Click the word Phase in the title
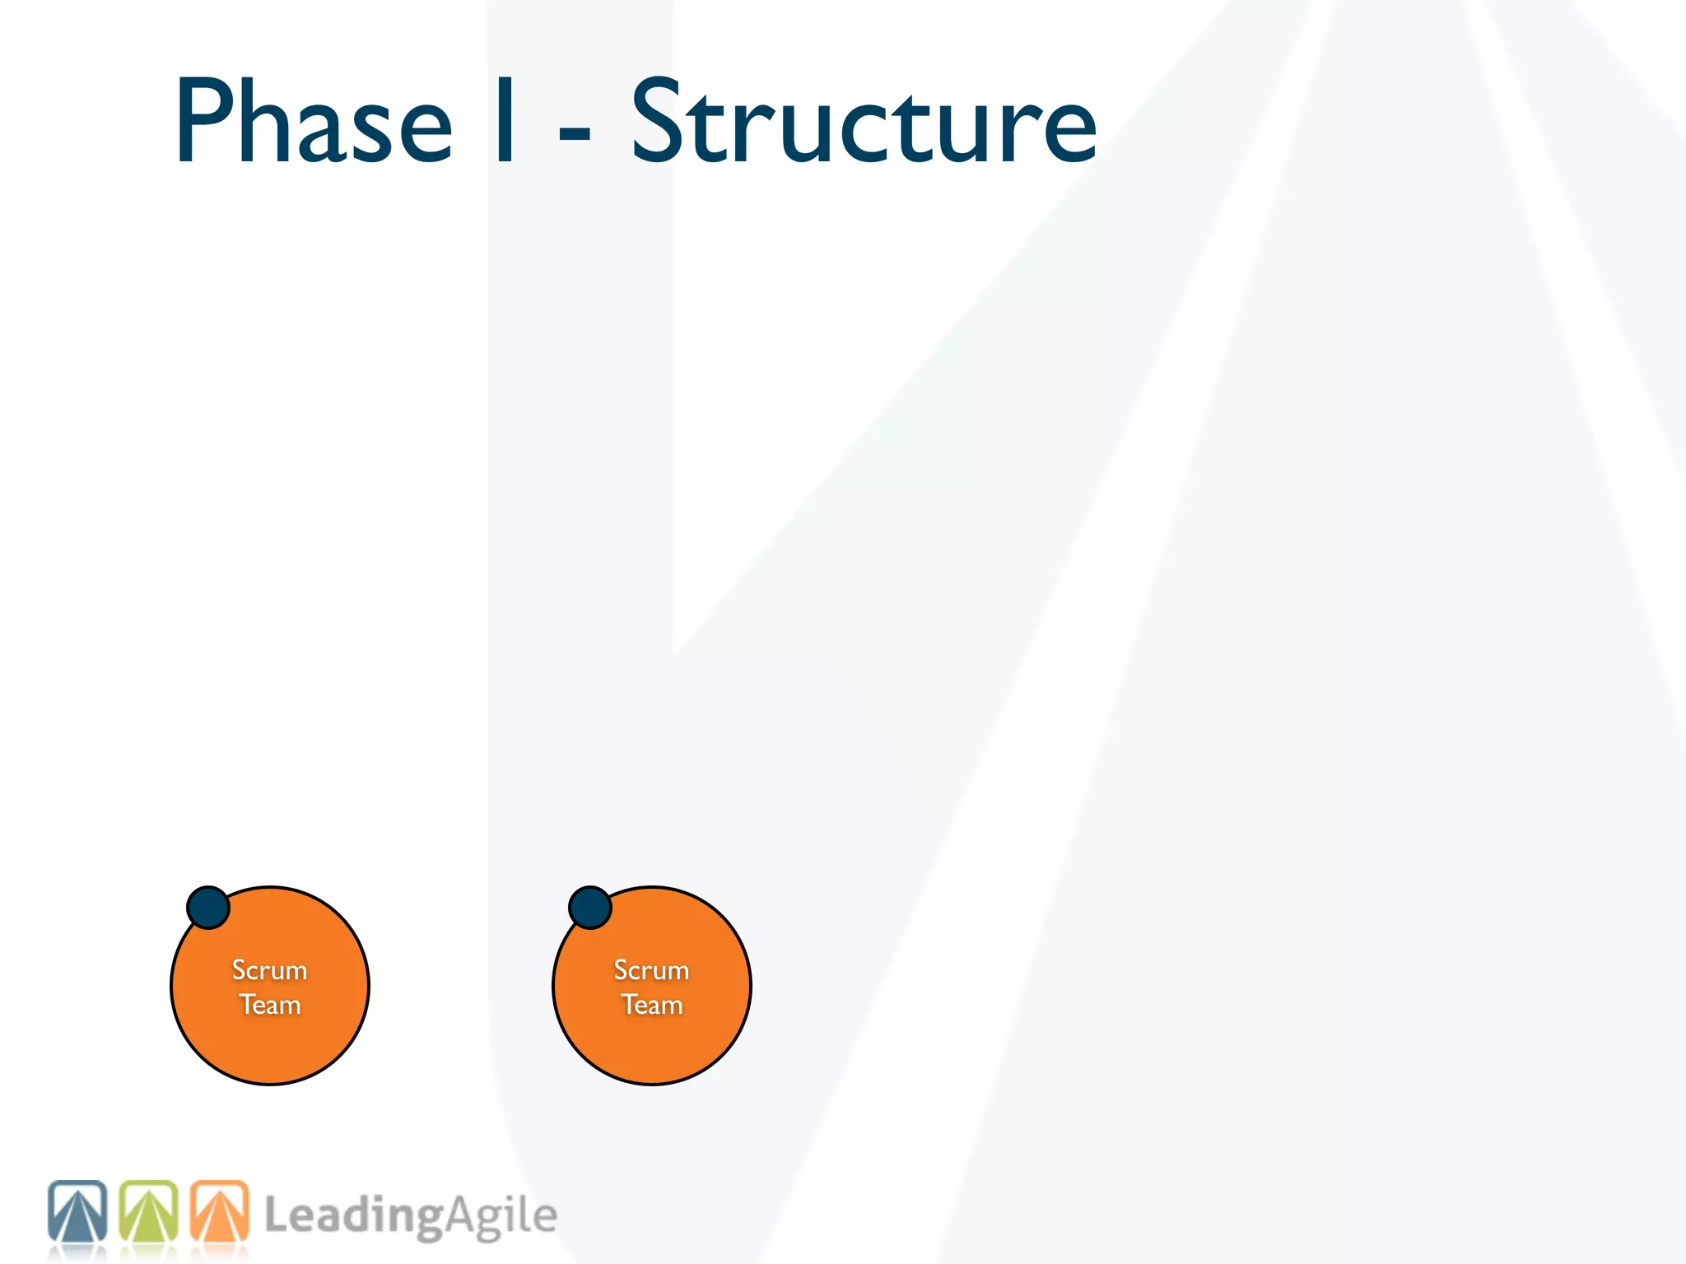click(314, 122)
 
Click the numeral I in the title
click(505, 122)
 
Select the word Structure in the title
click(864, 122)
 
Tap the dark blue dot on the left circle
click(208, 907)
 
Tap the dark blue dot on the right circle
click(590, 907)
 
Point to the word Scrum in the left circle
click(270, 970)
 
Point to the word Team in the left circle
click(270, 1005)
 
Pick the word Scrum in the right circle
click(652, 970)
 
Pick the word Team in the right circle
click(652, 1005)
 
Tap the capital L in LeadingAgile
click(277, 1215)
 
